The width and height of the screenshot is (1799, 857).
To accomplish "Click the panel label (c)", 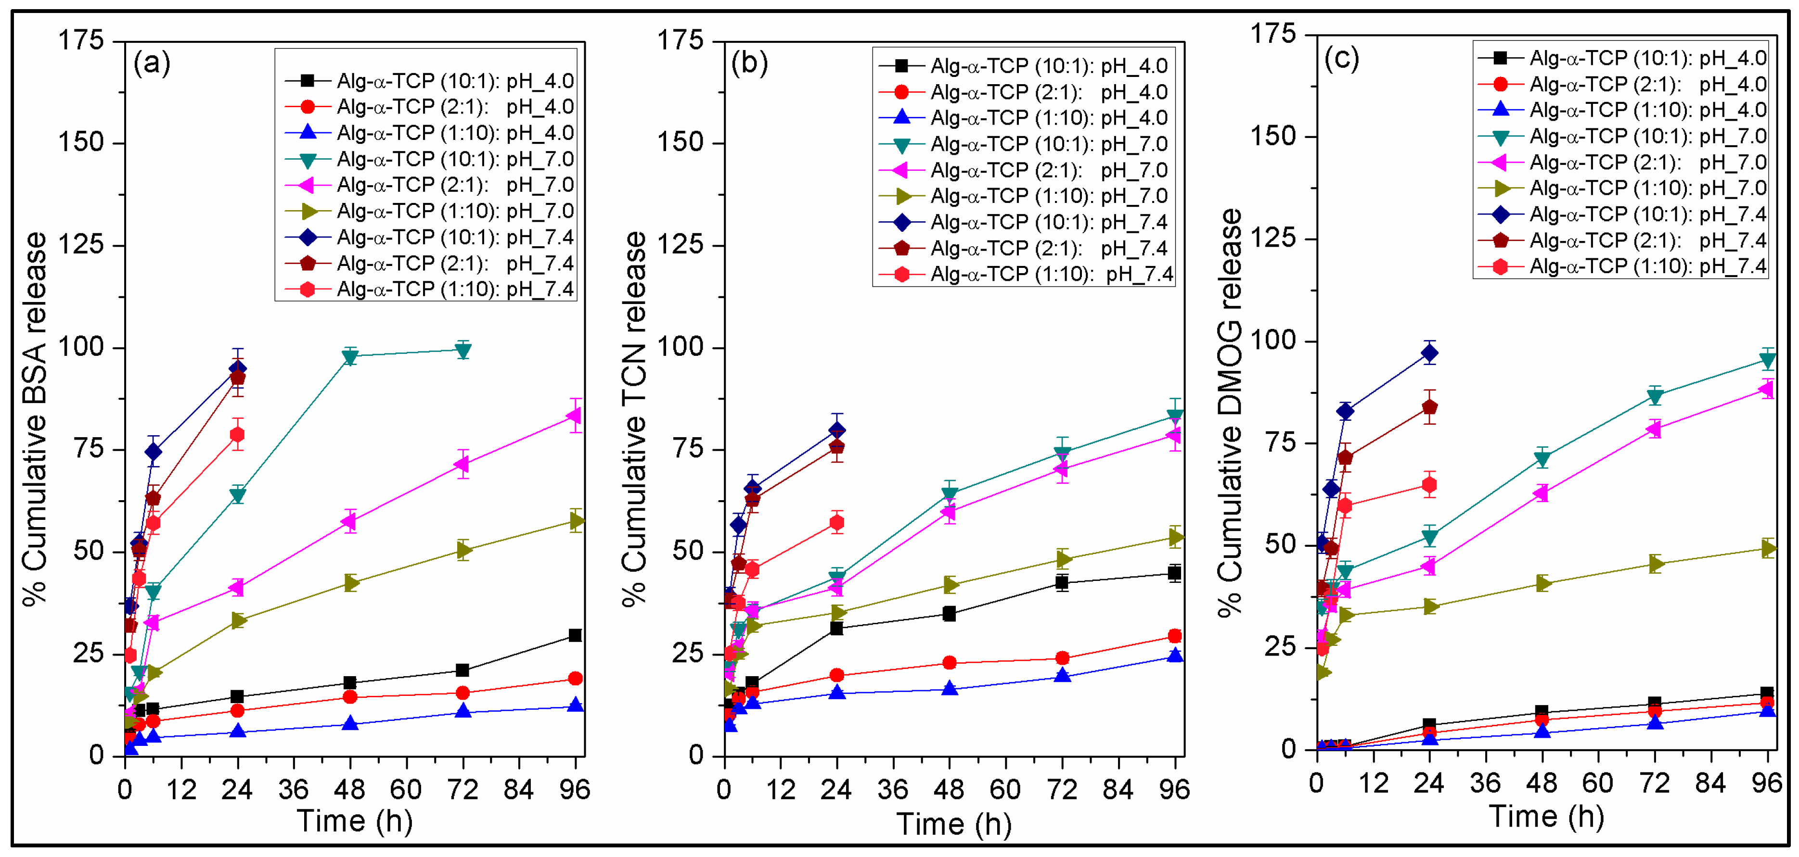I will point(1342,59).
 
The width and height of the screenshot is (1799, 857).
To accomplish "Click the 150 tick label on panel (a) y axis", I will point(80,142).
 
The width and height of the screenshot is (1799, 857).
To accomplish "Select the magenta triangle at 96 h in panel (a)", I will point(574,416).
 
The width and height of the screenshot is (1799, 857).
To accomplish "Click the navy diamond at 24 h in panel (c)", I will point(1429,353).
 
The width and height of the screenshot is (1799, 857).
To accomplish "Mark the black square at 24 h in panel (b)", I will point(836,628).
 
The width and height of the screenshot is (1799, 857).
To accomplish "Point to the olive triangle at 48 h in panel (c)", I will point(1542,583).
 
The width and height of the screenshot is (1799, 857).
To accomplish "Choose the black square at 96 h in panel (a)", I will point(575,635).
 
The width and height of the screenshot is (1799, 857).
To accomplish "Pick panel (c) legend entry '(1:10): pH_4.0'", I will point(1647,110).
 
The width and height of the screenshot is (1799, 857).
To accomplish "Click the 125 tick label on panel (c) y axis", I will point(1272,239).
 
